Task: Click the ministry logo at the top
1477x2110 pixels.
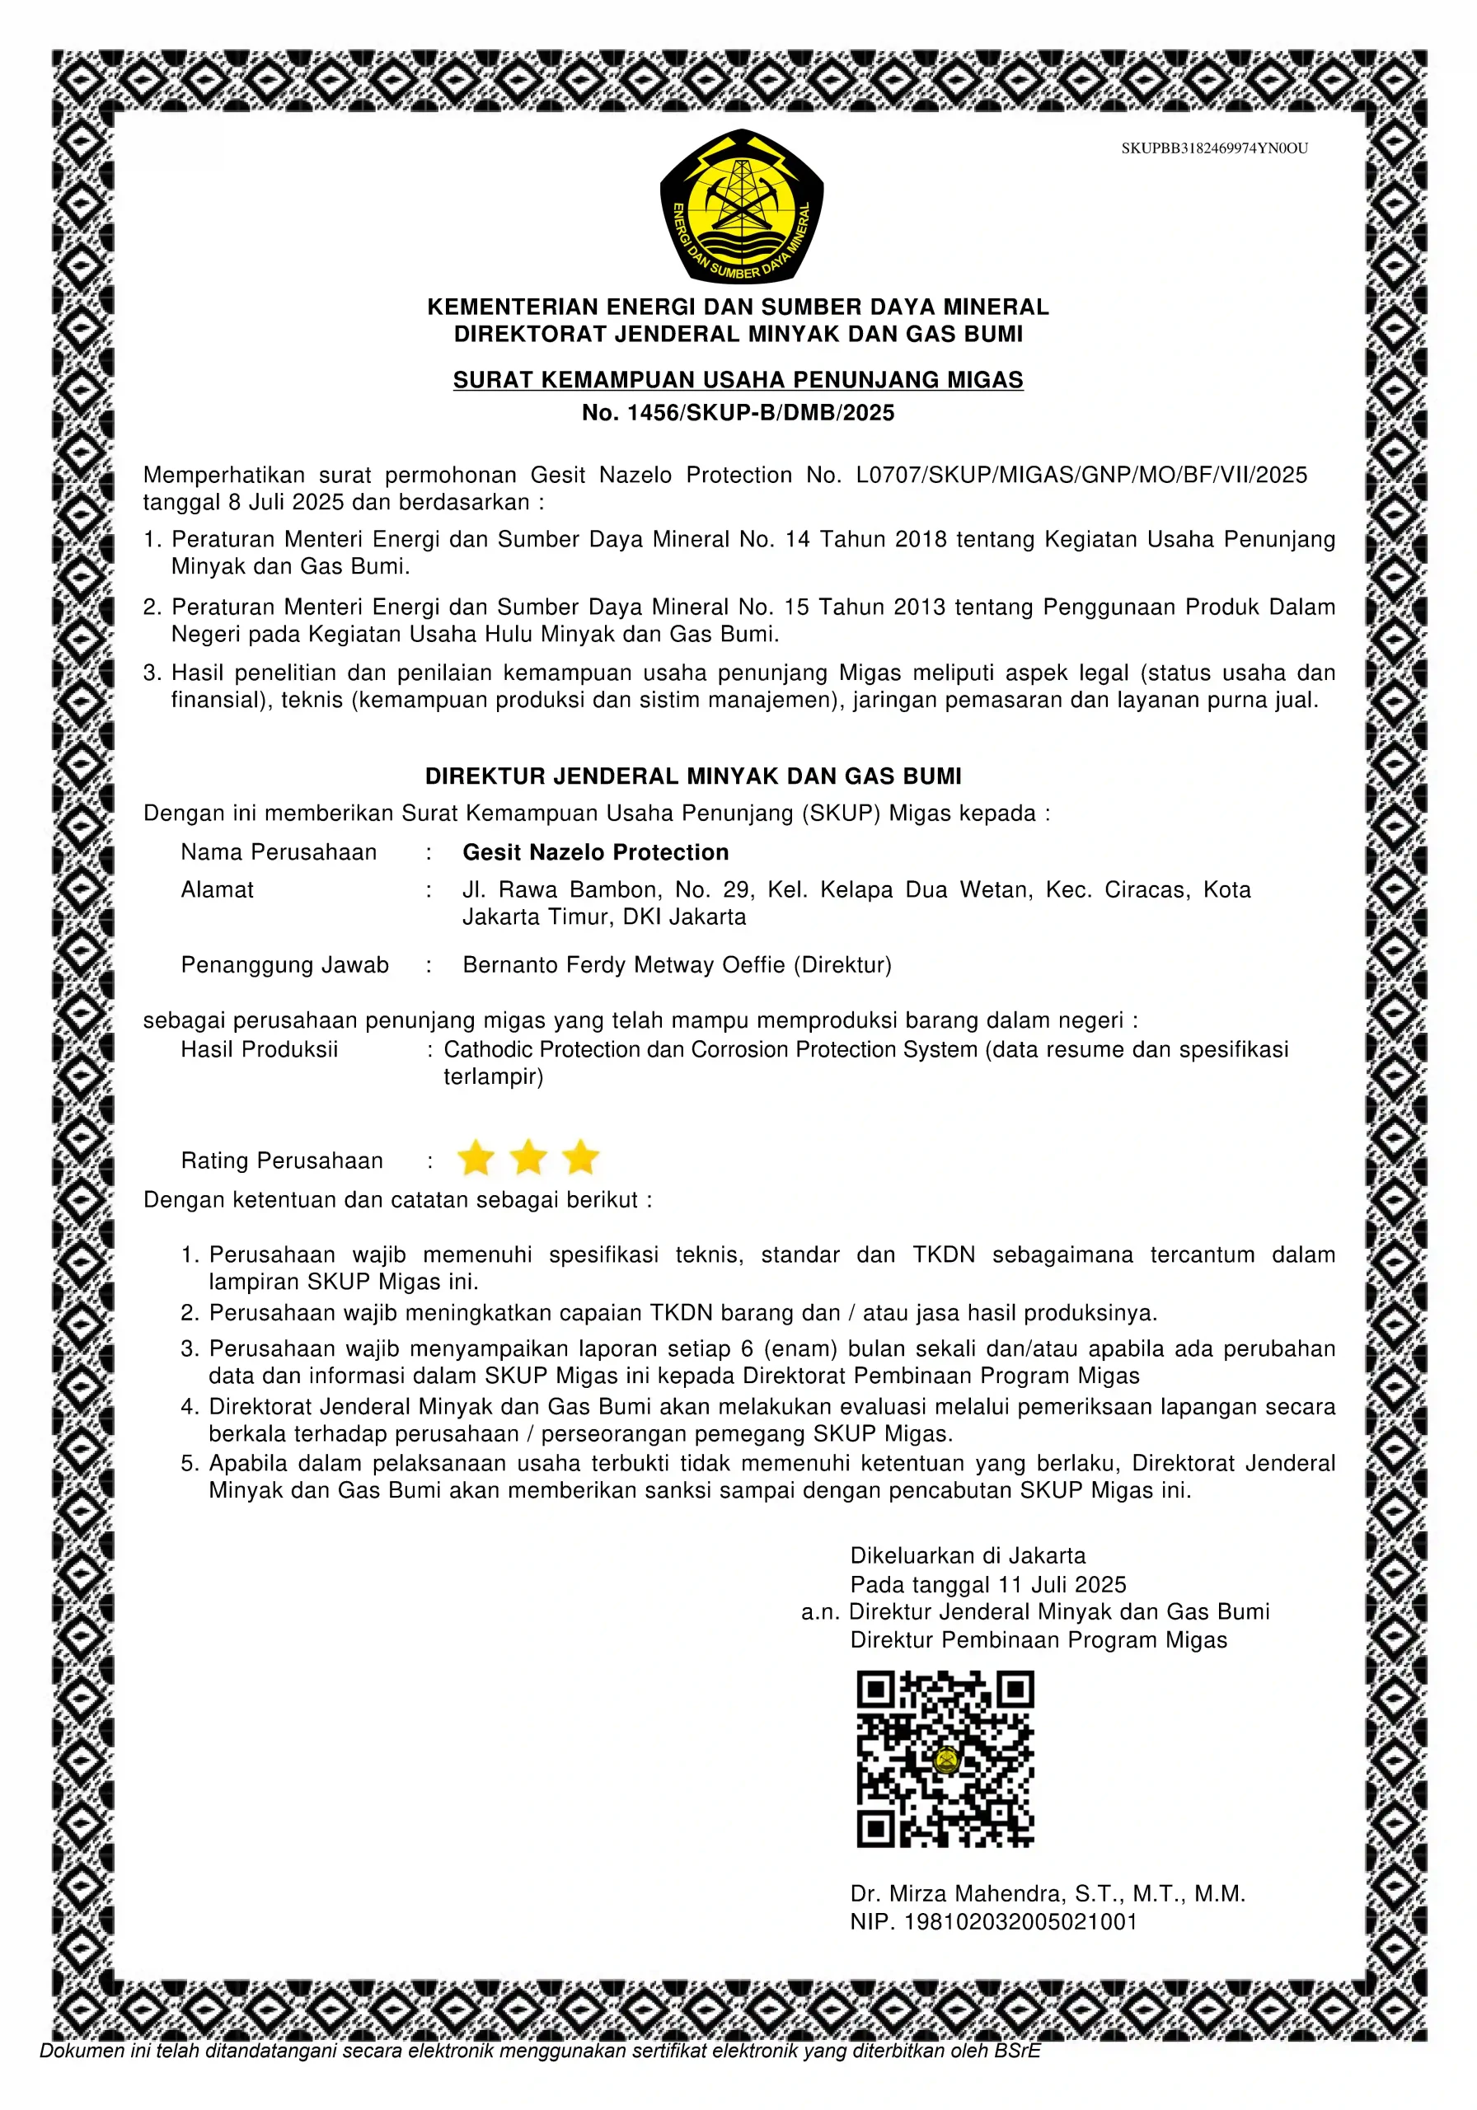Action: pyautogui.click(x=741, y=206)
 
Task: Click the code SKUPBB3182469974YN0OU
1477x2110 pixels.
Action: pyautogui.click(x=1213, y=148)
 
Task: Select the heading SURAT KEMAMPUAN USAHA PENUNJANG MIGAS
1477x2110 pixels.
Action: pyautogui.click(x=738, y=379)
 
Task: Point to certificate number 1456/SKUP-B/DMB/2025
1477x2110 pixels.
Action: pyautogui.click(x=760, y=413)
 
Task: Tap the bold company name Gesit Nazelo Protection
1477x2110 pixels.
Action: pyautogui.click(x=596, y=852)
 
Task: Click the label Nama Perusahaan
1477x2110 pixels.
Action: pyautogui.click(x=279, y=852)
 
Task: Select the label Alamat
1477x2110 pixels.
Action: pyautogui.click(x=217, y=889)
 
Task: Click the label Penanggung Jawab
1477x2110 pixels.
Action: pyautogui.click(x=285, y=965)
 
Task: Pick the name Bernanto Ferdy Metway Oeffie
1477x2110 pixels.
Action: pyautogui.click(x=624, y=965)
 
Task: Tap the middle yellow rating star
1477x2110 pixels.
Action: pyautogui.click(x=528, y=1158)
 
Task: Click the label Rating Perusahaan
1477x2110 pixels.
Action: pyautogui.click(x=282, y=1160)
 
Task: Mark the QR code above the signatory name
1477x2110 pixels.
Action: pyautogui.click(x=945, y=1760)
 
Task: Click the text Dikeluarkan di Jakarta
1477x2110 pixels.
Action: pyautogui.click(x=967, y=1556)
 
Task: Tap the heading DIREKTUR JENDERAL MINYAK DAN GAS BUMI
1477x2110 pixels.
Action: pyautogui.click(x=693, y=776)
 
